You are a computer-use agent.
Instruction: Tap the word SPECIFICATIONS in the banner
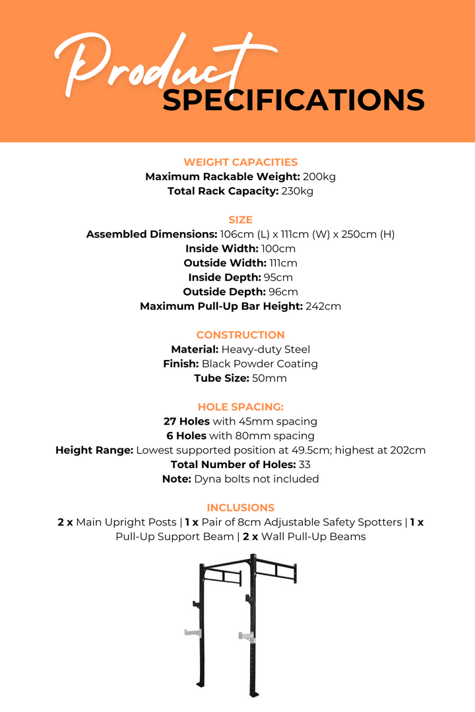coord(294,100)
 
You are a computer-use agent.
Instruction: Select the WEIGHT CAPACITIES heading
coord(240,162)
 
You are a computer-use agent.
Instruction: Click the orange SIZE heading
coord(240,220)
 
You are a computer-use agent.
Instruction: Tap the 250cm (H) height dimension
coord(370,234)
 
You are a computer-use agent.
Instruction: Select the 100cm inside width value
coord(278,249)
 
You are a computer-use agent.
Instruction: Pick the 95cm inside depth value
coord(278,278)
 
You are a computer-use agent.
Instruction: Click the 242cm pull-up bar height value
coord(323,306)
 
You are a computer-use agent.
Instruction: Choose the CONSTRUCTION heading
coord(240,335)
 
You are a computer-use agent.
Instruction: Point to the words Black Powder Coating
coord(259,364)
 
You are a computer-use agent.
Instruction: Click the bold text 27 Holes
coord(187,421)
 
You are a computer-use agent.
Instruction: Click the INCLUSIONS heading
coord(240,508)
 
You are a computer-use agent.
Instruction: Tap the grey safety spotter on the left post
coord(192,633)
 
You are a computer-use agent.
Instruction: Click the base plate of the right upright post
coord(253,693)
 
